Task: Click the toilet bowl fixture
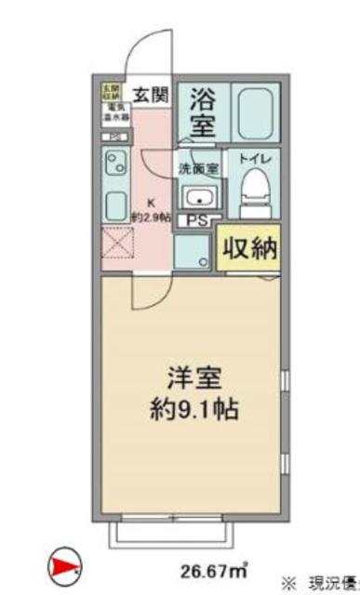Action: tap(252, 193)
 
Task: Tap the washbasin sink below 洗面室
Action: tap(198, 198)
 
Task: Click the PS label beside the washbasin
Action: tap(197, 221)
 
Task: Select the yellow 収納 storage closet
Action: tap(248, 248)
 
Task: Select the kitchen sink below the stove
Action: tap(115, 205)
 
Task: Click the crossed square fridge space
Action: tap(115, 248)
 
